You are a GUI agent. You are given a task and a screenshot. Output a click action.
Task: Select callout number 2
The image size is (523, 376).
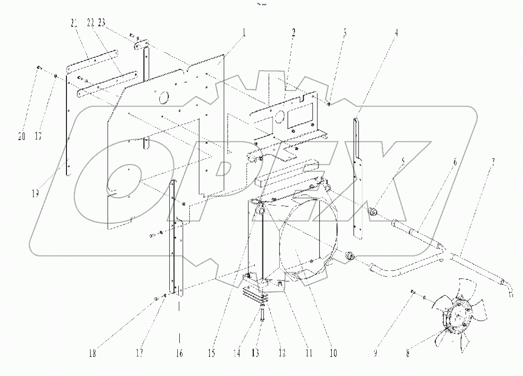pos(293,33)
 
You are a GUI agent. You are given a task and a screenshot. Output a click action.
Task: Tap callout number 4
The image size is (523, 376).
pos(396,33)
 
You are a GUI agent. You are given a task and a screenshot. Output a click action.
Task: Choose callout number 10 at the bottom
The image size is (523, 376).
pos(333,354)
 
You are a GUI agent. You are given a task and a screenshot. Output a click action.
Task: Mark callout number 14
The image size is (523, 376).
pos(236,354)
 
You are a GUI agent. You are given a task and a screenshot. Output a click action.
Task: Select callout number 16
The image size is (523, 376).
pos(180,354)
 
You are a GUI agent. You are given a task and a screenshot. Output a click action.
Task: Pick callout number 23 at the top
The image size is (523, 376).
pos(102,22)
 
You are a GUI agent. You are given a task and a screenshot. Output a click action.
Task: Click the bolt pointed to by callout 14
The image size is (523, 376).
pos(262,315)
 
